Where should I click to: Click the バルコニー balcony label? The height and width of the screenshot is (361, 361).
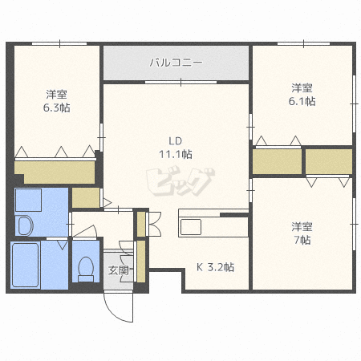(176, 61)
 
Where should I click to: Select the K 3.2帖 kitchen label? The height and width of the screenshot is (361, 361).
(215, 267)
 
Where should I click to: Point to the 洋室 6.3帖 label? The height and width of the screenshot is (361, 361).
(56, 100)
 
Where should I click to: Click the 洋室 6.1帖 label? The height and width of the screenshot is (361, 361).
(302, 95)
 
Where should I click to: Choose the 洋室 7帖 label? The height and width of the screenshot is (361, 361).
(302, 233)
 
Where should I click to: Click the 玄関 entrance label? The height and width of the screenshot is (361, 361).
(118, 270)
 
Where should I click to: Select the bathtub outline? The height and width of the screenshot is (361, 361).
(28, 266)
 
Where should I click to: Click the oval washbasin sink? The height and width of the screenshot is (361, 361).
(24, 225)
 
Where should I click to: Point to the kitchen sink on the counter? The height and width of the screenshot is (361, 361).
(193, 227)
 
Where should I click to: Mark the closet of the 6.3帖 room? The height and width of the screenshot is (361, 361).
(55, 172)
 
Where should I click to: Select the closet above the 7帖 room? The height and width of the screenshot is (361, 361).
(328, 161)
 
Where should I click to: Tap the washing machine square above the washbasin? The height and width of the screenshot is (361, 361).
(30, 200)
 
